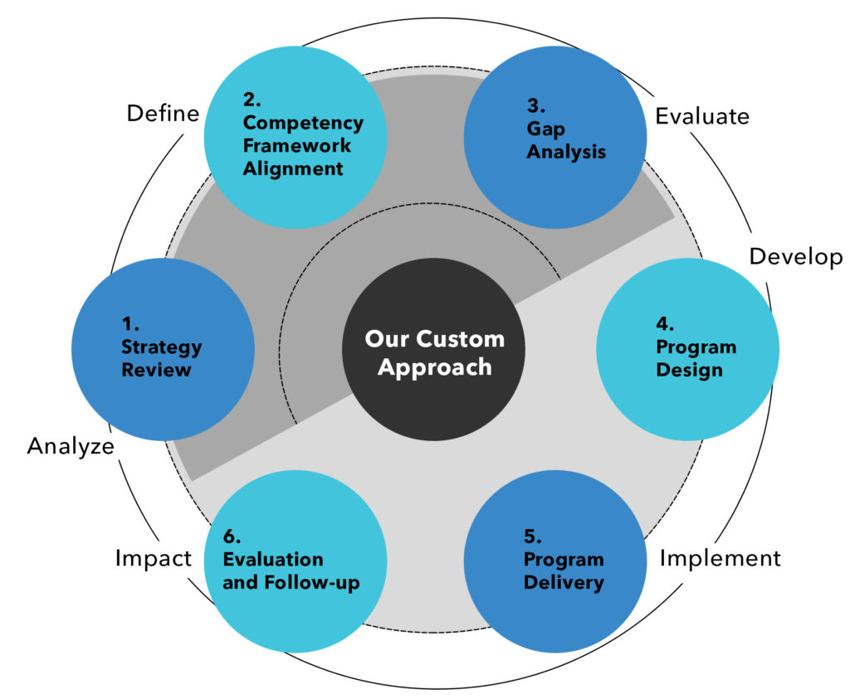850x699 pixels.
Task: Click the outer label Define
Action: pos(163,114)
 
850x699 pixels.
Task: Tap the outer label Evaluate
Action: pos(702,116)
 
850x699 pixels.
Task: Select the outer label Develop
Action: pos(795,256)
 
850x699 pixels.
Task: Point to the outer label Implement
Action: pos(720,559)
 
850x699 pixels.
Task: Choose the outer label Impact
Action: pos(154,559)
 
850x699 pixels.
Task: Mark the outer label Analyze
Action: pos(70,446)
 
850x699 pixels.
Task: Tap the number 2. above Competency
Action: pos(252,100)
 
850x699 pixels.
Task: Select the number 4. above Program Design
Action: pos(666,323)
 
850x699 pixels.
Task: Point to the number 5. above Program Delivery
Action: pos(532,536)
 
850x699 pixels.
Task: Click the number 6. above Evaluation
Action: pos(232,536)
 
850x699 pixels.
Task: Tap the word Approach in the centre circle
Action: pos(434,366)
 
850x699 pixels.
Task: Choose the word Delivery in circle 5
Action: pos(563,583)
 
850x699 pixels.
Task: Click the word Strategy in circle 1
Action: pos(161,347)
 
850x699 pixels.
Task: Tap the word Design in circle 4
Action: pos(689,370)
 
